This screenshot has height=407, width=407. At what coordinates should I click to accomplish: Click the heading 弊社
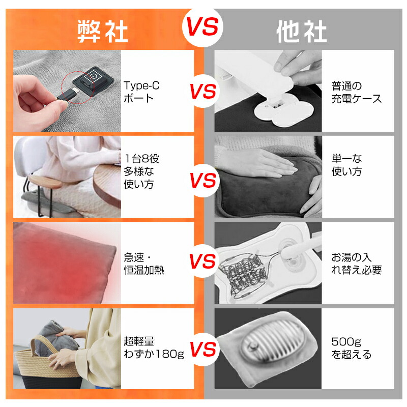(x=103, y=32)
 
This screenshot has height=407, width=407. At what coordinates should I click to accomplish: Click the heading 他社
(x=301, y=32)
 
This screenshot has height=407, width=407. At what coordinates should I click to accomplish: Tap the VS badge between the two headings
(x=202, y=27)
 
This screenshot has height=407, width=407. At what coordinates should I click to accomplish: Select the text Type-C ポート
(x=141, y=92)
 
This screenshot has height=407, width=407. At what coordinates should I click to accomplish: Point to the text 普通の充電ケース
(x=357, y=92)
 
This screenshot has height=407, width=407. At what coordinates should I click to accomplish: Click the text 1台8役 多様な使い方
(x=141, y=171)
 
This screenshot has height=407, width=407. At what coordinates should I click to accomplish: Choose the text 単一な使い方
(x=347, y=165)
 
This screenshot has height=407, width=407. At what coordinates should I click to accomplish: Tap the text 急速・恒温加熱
(x=144, y=264)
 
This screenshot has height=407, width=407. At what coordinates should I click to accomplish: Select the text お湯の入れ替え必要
(x=357, y=264)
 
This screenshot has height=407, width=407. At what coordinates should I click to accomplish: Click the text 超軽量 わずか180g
(x=154, y=347)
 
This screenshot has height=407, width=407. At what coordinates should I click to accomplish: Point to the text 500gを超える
(x=352, y=348)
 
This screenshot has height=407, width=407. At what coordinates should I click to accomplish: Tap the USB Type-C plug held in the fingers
(x=67, y=95)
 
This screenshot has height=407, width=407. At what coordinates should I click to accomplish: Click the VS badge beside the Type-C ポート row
(x=203, y=91)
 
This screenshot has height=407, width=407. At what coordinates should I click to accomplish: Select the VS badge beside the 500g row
(x=203, y=349)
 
